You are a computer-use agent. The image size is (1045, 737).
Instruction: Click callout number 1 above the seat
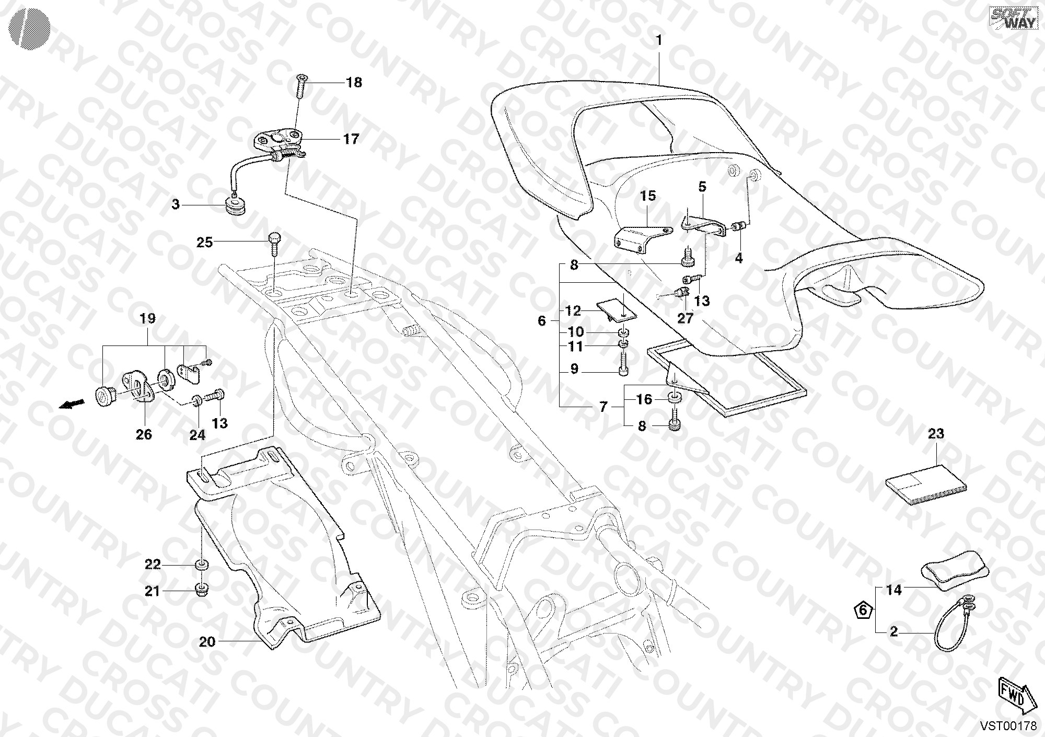tap(659, 40)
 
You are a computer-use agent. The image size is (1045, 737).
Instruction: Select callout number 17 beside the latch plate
tap(351, 139)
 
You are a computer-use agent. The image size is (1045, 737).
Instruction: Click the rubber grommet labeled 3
tap(238, 205)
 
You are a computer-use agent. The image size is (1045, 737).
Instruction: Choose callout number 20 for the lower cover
tap(207, 641)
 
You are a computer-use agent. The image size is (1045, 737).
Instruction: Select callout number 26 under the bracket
tap(144, 434)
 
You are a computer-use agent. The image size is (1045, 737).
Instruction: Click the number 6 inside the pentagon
tap(863, 610)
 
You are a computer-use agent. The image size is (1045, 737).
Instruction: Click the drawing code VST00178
tap(1008, 726)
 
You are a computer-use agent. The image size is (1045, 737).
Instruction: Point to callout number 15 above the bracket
tap(648, 196)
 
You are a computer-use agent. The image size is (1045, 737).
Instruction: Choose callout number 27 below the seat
tap(685, 318)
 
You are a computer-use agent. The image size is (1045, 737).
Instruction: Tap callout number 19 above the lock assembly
tap(148, 318)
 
